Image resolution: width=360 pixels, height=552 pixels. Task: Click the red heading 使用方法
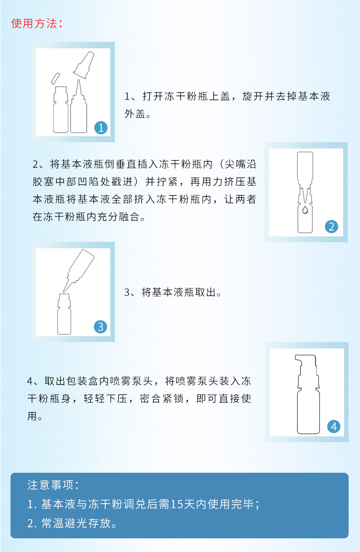(x=34, y=23)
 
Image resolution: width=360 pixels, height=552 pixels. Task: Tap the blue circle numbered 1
(x=101, y=128)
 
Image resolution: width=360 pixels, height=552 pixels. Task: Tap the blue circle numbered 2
(x=331, y=226)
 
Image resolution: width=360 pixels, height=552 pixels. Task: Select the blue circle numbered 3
(x=100, y=327)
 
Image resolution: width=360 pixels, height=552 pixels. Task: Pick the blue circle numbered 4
(x=334, y=426)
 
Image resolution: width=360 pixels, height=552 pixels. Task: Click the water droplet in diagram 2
(x=305, y=210)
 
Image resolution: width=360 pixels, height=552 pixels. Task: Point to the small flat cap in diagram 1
(x=56, y=78)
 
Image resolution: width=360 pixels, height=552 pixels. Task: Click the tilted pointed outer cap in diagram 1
(x=84, y=65)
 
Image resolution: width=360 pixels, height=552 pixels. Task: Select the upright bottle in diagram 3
(x=64, y=314)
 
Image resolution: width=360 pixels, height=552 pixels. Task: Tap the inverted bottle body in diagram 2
(x=305, y=168)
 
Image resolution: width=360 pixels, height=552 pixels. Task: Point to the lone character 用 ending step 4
(x=32, y=416)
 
